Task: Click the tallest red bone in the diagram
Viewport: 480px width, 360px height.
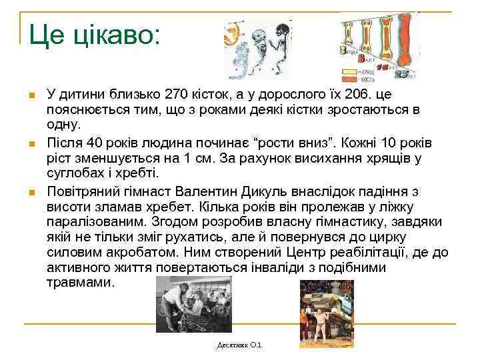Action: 404,43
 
